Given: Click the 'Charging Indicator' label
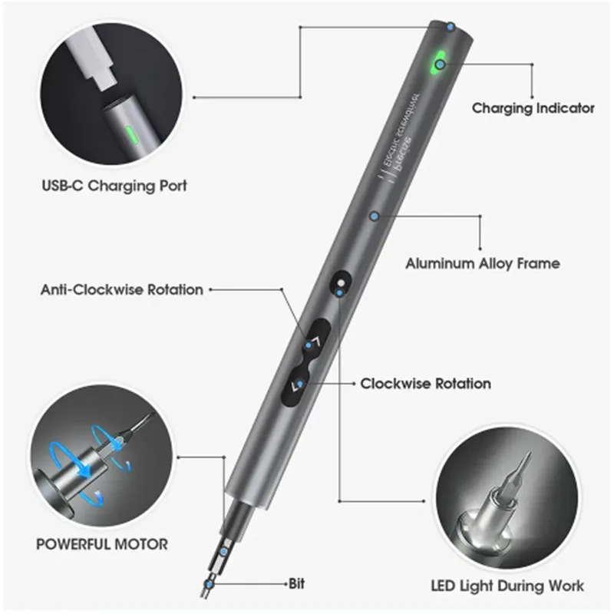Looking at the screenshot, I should coord(533,108).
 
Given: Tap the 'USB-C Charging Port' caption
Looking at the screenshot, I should coord(114,186).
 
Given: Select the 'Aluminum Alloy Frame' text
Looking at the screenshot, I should coord(482,263).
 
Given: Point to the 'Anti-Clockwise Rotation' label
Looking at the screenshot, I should coord(122,290).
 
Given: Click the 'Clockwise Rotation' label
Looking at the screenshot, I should coord(425,383).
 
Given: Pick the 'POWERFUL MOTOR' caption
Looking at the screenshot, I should coord(101,544).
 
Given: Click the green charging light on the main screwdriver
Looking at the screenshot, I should coord(441,64).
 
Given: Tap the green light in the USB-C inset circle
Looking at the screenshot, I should coord(131,136).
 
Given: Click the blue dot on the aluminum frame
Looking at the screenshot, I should coord(374,216).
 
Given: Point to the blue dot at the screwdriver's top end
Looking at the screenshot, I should coord(450,28).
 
